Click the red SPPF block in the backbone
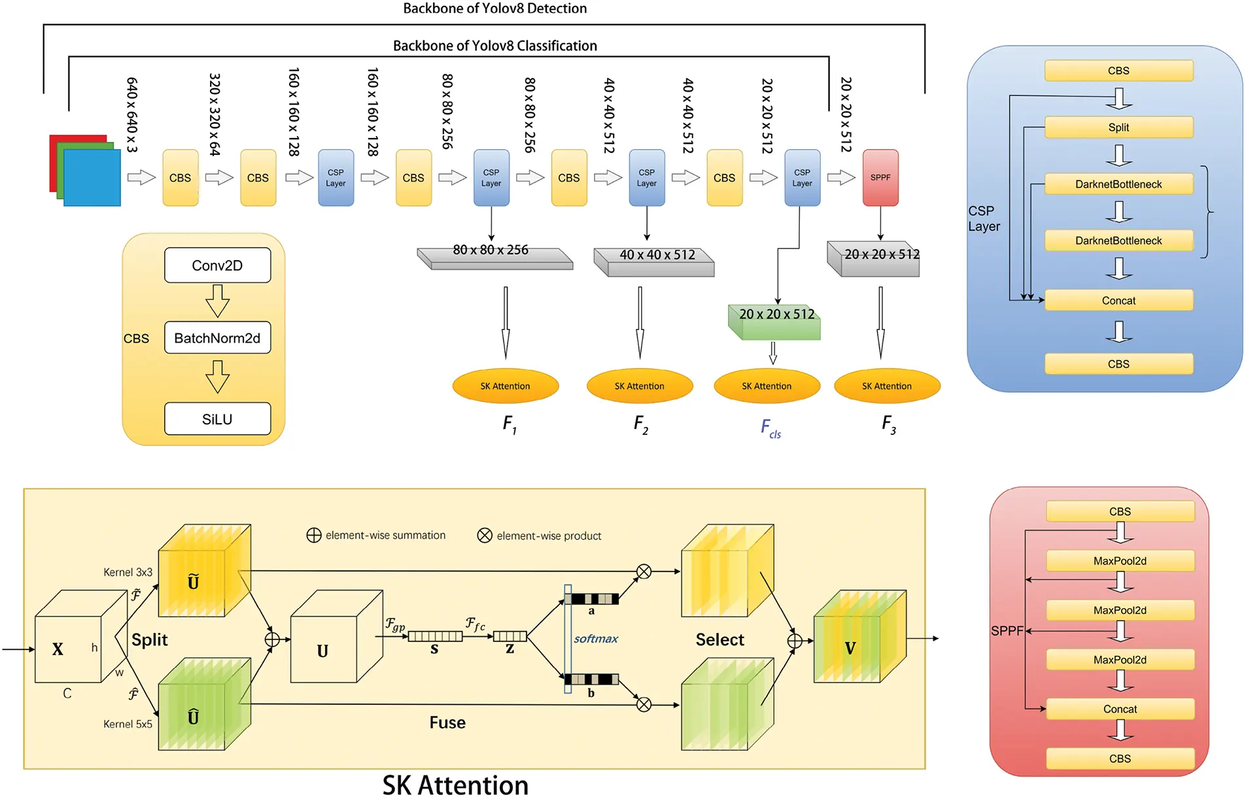880,177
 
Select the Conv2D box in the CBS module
217,265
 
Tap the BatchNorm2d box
217,338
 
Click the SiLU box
217,419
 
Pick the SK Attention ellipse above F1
505,386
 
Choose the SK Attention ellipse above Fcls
767,386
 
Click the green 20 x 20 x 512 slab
775,322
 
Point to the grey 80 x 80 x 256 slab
494,257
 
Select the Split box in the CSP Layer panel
1118,127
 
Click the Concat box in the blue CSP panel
1118,301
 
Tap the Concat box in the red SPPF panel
1120,709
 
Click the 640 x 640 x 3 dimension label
131,115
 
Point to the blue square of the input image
92,178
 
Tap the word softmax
595,639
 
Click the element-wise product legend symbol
485,535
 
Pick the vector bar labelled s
435,636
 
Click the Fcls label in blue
770,429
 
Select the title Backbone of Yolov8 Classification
494,46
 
